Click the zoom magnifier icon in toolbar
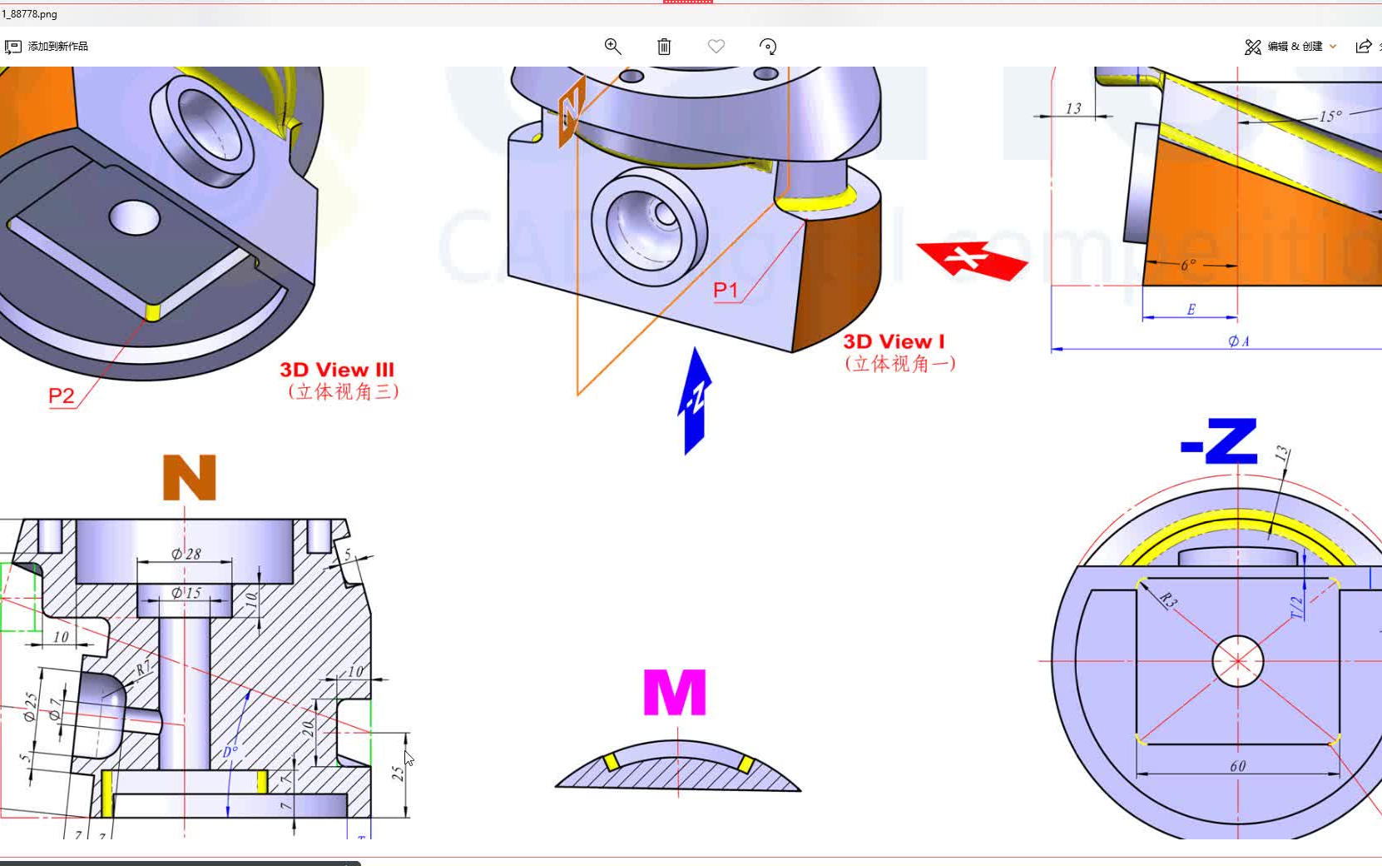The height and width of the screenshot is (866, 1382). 612,47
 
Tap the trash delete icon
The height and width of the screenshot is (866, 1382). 664,47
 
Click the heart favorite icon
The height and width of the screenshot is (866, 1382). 716,47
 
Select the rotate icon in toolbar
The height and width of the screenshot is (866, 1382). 768,47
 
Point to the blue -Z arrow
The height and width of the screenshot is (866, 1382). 695,401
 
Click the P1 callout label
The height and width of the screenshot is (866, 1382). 726,290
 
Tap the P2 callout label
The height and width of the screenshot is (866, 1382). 62,396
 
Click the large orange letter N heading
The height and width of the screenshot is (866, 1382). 190,477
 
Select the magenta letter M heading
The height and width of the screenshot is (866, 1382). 675,692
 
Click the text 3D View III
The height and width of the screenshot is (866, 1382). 337,370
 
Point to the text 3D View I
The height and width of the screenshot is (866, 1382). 894,341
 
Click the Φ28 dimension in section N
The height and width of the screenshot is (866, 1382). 186,554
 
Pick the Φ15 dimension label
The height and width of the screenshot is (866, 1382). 186,593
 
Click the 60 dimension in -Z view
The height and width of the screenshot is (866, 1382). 1238,766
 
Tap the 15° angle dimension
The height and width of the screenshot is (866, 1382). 1330,117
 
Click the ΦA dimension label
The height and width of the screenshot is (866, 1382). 1238,341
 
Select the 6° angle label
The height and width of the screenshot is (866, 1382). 1188,265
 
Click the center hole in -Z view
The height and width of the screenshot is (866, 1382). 1238,661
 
